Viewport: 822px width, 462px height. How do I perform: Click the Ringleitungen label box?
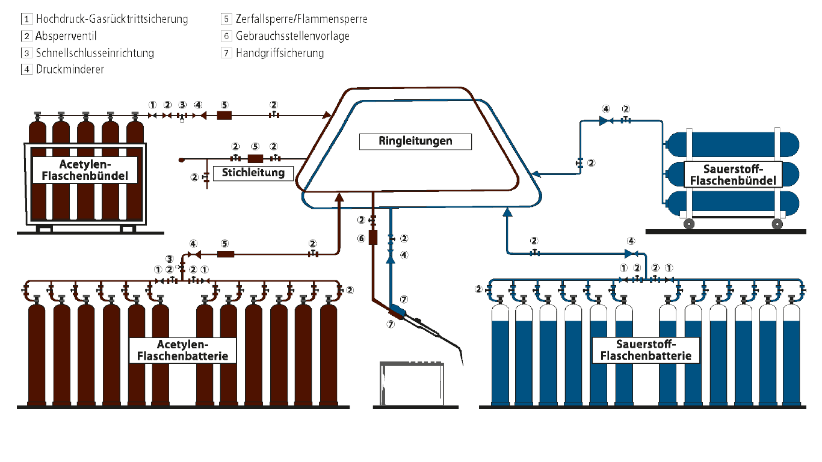click(x=415, y=142)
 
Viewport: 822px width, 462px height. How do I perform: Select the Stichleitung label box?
click(x=253, y=173)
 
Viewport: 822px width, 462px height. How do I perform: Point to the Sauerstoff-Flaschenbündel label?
click(x=732, y=174)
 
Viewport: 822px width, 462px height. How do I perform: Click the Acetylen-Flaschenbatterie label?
click(x=182, y=350)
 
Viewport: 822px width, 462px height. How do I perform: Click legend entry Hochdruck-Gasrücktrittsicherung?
click(x=111, y=19)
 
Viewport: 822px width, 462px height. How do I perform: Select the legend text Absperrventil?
click(x=66, y=36)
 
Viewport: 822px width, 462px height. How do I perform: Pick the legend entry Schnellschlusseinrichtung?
click(x=94, y=53)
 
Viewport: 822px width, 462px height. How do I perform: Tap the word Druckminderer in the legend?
click(x=70, y=69)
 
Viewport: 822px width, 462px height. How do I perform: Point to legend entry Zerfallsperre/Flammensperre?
click(x=301, y=19)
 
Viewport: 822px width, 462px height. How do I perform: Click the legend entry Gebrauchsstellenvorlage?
click(x=292, y=36)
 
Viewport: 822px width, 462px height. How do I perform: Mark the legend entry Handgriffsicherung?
click(x=280, y=53)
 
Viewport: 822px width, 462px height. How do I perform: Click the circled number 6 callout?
click(x=362, y=238)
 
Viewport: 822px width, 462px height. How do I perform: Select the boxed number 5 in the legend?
click(x=226, y=19)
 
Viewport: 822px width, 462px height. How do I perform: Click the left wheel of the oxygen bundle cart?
click(x=688, y=224)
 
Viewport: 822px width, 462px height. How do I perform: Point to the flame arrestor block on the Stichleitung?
click(x=255, y=158)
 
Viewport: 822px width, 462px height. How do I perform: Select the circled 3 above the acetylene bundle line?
click(x=182, y=106)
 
